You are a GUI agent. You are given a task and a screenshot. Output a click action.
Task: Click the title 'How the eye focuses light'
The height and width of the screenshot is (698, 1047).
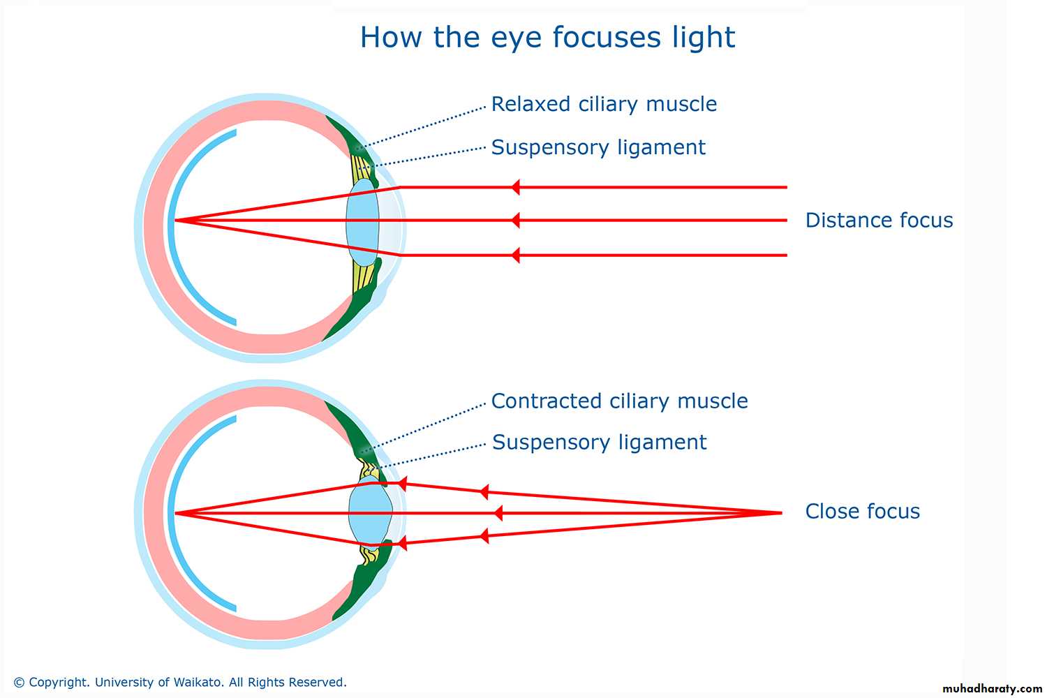547,37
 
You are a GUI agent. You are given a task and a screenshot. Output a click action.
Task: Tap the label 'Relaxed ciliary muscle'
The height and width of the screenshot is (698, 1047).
604,104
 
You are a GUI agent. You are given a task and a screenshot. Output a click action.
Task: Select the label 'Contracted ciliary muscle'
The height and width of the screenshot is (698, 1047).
619,401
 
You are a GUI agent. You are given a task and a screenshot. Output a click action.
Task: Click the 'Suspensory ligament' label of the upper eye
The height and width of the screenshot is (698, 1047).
598,147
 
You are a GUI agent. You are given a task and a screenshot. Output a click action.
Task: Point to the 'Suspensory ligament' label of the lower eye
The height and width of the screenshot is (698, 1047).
599,443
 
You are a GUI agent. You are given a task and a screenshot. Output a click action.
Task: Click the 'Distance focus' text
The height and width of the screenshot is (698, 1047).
879,221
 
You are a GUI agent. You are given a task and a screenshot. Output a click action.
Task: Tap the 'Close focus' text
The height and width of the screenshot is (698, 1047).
862,512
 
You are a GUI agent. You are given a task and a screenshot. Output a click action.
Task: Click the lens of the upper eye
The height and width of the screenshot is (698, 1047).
362,221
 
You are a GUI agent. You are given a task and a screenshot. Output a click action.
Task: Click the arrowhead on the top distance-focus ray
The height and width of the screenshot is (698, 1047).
515,187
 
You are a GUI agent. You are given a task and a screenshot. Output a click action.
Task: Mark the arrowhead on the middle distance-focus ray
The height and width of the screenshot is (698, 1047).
515,221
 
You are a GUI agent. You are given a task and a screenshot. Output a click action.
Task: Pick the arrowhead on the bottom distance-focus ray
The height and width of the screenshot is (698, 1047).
515,255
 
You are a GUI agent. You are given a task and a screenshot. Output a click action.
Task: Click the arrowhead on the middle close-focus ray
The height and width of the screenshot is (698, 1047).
498,513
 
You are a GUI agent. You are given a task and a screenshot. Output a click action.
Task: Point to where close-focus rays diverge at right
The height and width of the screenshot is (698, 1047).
780,513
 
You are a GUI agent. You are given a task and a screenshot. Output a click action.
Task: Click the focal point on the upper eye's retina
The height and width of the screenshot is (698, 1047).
175,221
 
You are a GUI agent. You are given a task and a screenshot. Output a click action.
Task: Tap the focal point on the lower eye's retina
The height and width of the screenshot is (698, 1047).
175,513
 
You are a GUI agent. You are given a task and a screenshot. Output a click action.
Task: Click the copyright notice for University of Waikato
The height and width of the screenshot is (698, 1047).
180,682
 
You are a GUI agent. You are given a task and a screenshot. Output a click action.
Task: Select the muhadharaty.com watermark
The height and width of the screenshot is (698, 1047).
992,688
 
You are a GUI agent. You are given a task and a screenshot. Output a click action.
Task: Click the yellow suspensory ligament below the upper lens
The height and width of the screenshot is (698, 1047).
364,276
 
